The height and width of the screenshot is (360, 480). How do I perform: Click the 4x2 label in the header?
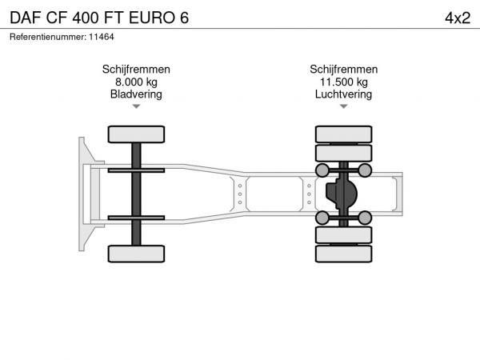coord(458,18)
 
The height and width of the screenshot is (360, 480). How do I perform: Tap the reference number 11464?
coord(102,37)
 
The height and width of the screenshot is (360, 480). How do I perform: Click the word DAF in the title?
coord(26,18)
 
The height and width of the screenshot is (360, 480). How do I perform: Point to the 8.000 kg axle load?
coord(136,82)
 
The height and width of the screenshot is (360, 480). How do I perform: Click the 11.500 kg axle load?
coord(344,82)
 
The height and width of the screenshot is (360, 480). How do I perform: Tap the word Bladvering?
coord(136,94)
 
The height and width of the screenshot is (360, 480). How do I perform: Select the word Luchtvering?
coord(343,94)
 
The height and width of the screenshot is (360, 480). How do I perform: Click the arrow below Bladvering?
coord(136,106)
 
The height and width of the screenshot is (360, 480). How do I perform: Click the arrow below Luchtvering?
coord(344,106)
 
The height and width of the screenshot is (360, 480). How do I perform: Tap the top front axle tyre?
coord(136,134)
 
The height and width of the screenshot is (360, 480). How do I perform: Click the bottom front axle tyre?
coord(136,254)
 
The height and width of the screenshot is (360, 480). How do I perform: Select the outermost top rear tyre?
coord(344,134)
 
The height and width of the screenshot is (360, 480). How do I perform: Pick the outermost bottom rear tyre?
coord(344,254)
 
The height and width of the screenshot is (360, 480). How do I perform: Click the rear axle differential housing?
coord(342,194)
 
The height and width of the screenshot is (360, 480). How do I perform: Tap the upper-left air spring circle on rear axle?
coord(322,170)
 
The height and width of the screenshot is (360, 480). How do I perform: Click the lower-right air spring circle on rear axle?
coord(365,218)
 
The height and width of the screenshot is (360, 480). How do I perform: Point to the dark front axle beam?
coord(136,194)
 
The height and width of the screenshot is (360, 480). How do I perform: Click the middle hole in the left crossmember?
coord(240,194)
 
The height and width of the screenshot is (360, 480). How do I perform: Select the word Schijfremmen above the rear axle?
coord(343,69)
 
